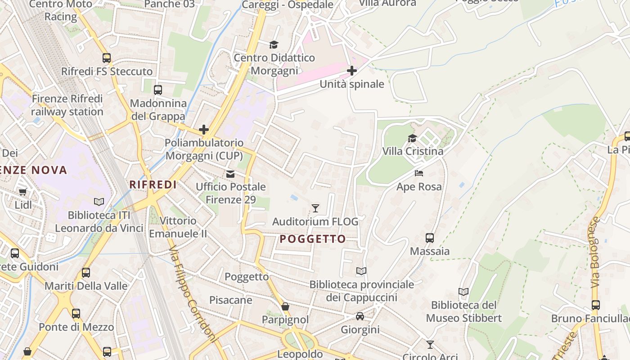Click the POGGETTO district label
(x=313, y=239)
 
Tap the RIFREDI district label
(x=153, y=184)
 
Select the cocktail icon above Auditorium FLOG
(x=315, y=208)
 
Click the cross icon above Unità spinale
(x=352, y=71)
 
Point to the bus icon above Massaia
(x=430, y=238)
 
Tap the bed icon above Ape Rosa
(x=419, y=173)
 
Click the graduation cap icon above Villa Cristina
(x=412, y=138)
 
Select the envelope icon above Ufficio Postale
(x=230, y=174)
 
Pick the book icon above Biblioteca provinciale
(x=361, y=271)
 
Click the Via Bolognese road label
(x=596, y=252)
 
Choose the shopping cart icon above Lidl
(x=23, y=192)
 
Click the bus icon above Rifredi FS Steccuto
(x=107, y=58)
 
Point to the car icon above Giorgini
(x=360, y=316)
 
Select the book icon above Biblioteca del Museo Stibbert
(x=463, y=292)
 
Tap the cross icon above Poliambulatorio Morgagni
(x=204, y=130)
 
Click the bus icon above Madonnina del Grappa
(x=158, y=90)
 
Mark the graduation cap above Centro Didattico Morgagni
(x=274, y=44)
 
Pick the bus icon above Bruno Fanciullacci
(x=596, y=305)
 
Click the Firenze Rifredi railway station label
(x=67, y=105)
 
